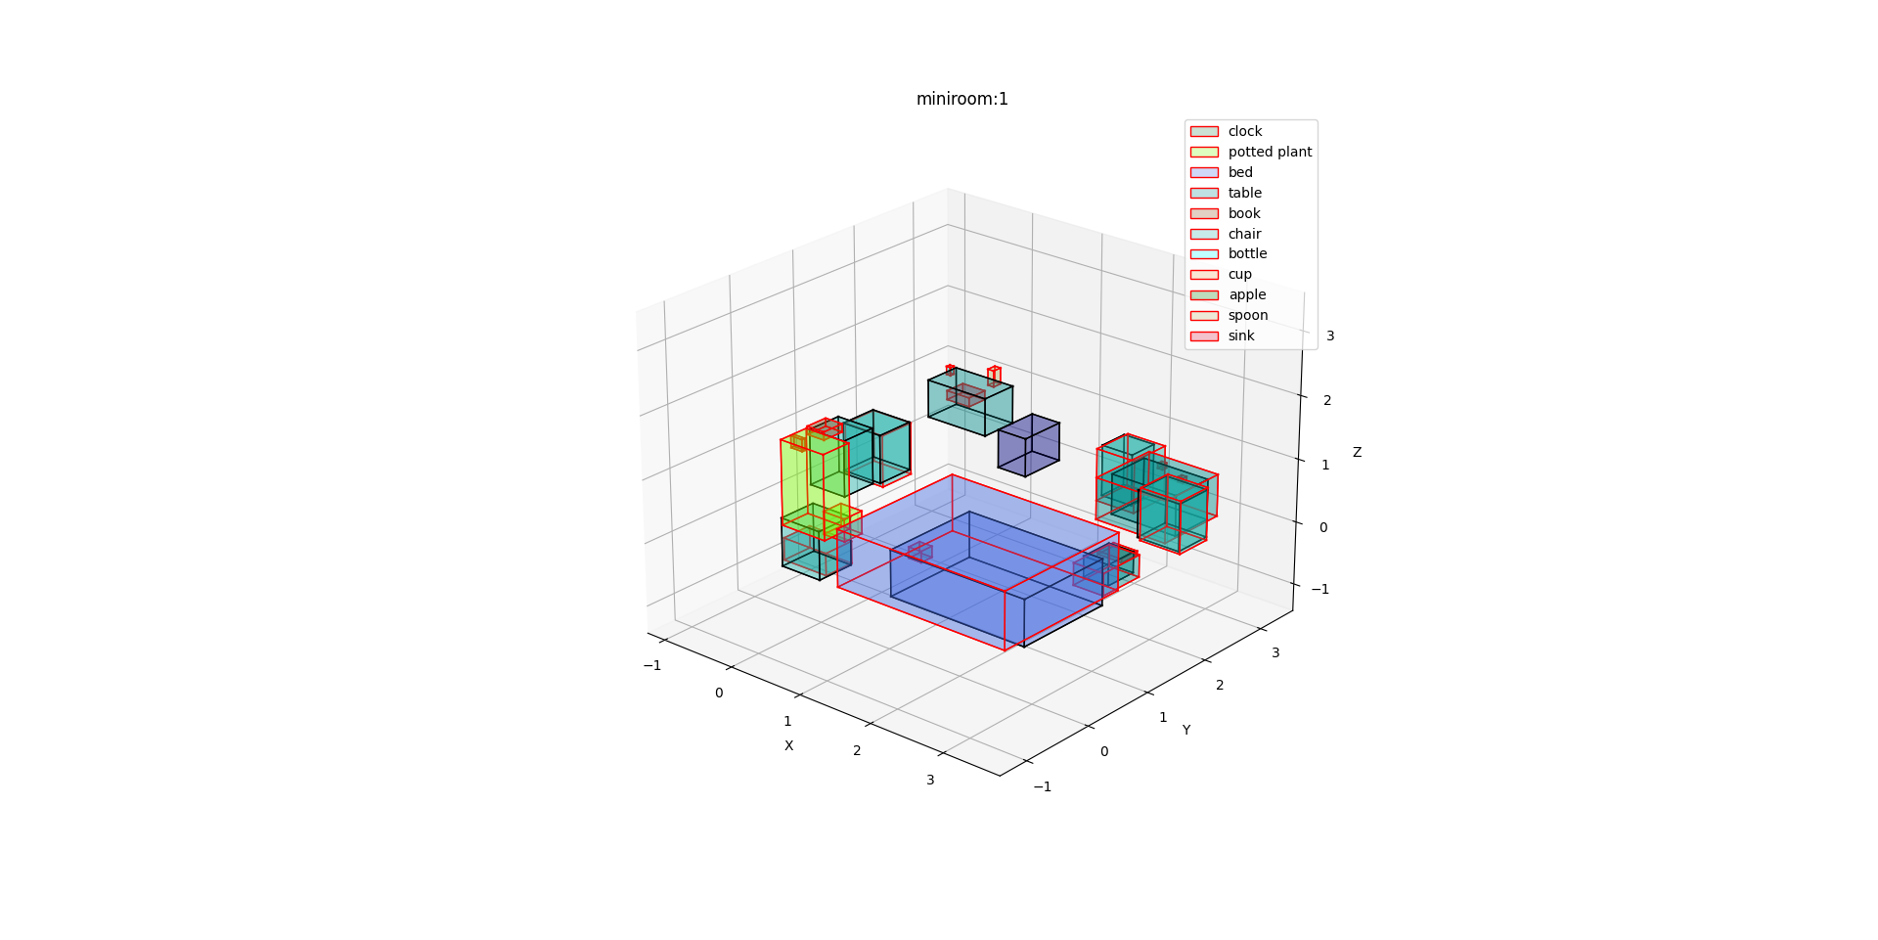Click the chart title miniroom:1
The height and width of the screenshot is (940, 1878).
point(961,99)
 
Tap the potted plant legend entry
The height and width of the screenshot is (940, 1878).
point(1251,152)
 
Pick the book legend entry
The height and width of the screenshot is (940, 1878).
point(1225,213)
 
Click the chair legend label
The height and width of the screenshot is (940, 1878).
point(1244,234)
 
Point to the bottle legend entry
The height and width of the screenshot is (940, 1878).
point(1229,253)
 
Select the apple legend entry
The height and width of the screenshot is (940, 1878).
point(1228,294)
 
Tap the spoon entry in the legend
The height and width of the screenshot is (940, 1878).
point(1229,315)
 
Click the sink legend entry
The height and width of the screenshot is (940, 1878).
point(1222,336)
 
